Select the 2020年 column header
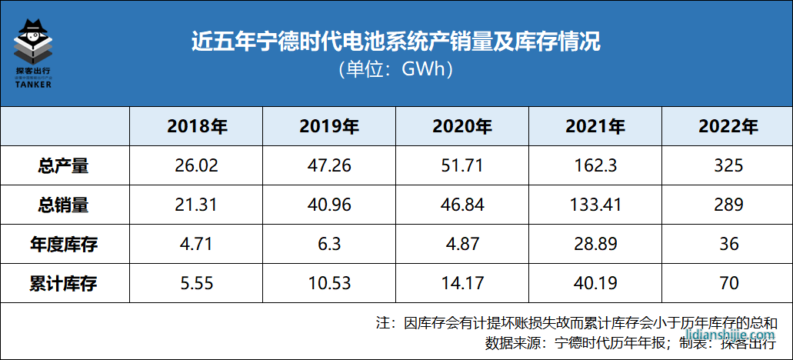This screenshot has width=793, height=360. coord(462,126)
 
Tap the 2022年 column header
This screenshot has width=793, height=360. coord(728,126)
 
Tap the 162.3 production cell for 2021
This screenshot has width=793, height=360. coord(595,165)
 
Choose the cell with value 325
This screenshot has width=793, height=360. coord(728,165)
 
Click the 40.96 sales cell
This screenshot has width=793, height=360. coord(329,205)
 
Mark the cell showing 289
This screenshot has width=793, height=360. coord(728,205)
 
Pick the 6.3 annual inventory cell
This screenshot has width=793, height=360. coord(329,245)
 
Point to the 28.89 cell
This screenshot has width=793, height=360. coord(595,245)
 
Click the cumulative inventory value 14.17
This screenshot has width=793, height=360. coord(462,284)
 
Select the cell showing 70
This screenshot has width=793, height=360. coord(728,284)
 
